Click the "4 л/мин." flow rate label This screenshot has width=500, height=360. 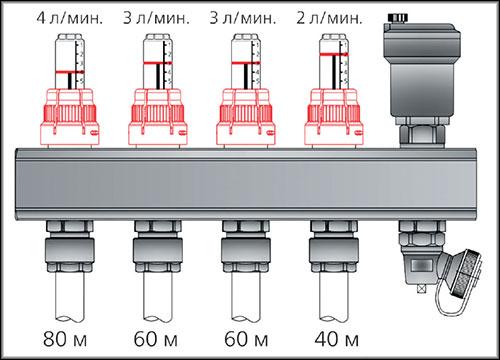coord(70,18)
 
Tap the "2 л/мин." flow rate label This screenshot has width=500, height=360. coord(329,18)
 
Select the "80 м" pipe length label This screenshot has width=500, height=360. coord(65,339)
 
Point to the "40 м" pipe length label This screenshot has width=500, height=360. coord(337,339)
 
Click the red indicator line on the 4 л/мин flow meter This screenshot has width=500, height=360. coord(70,72)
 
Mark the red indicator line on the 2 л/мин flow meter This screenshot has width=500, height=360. coord(334,54)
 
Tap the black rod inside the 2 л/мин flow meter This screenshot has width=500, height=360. coord(334,72)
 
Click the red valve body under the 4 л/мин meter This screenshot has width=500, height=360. coord(70,117)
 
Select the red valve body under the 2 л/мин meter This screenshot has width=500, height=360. coord(334,117)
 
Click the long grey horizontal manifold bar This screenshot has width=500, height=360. coord(247,184)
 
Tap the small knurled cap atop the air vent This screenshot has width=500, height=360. coord(398,17)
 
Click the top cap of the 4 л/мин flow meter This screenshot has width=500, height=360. coord(70,36)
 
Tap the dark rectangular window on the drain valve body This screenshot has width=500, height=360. coord(422,265)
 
